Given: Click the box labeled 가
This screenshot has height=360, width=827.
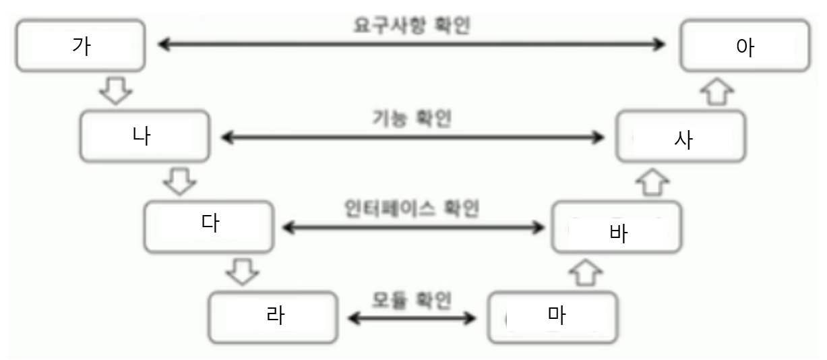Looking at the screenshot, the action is coord(80,45).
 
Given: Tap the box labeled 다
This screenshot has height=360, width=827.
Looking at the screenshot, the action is coord(209,224).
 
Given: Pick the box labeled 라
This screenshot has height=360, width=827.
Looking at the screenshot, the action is coord(272,316).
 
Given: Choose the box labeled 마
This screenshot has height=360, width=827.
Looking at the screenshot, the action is coord(552,316).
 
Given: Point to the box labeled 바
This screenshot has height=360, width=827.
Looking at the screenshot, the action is coord(616,227).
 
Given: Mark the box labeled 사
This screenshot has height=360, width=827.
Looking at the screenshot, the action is coord(681,136).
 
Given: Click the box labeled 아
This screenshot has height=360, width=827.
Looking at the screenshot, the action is coord(744,46).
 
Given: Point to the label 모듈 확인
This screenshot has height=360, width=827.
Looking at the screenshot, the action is coord(412,298).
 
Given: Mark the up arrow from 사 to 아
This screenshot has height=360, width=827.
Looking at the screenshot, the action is coord(716,91).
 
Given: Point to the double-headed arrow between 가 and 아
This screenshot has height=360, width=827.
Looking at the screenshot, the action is coord(412,45).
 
